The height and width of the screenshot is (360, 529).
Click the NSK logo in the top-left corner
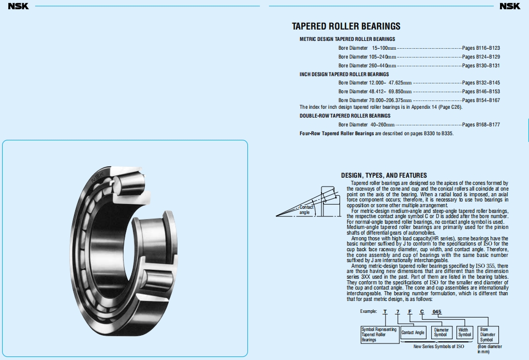point(18,6)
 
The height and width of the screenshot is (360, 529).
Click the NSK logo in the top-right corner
point(510,6)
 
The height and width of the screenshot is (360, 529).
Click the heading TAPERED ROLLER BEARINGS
point(346,26)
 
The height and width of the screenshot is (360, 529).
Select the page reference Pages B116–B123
point(481,48)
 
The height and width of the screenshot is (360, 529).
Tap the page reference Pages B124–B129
point(481,57)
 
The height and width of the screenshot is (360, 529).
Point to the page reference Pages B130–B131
point(481,65)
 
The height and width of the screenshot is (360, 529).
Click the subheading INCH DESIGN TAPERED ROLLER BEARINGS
point(344,74)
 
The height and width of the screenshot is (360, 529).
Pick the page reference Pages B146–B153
point(481,92)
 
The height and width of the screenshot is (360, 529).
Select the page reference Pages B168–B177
point(481,125)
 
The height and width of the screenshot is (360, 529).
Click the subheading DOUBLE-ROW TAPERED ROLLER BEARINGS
point(345,116)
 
